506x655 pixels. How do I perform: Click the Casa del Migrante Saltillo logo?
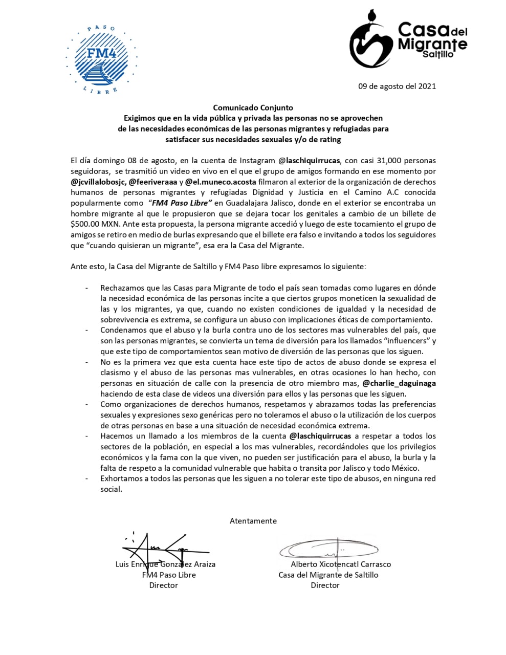(408, 40)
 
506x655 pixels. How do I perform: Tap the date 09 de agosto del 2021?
(397, 86)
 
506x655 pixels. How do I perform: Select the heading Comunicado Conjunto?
(253, 107)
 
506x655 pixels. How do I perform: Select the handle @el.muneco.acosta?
(221, 182)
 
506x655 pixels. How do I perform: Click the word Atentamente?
(253, 521)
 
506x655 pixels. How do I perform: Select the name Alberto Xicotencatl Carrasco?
(340, 564)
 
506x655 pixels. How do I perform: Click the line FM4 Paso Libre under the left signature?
(169, 575)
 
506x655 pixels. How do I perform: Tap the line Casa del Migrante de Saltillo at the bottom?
(328, 575)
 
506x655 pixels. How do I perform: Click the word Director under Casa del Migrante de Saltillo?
(325, 585)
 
